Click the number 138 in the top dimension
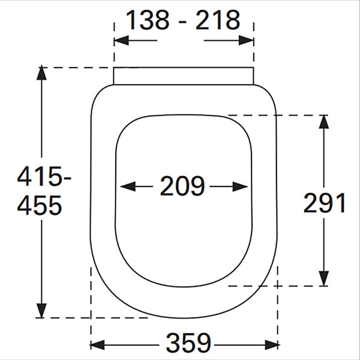pos(148,20)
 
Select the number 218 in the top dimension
pos(218,20)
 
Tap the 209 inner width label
pos(182,186)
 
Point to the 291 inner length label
pos(324,203)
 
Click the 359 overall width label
pos(188,343)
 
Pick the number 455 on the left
pos(40,205)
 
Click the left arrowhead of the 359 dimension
pos(97,345)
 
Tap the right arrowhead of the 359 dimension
pos(272,345)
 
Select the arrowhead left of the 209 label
pos(128,187)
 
